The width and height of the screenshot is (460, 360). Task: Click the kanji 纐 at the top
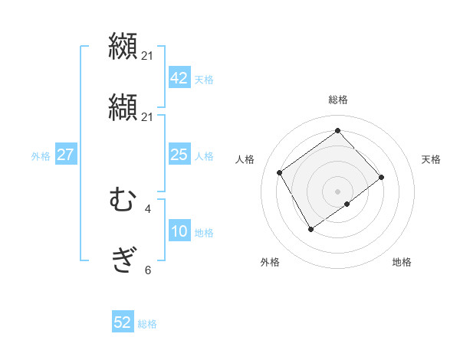point(123,45)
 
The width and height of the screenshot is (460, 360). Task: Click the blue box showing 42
point(179,78)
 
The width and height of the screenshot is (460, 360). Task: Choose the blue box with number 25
point(179,155)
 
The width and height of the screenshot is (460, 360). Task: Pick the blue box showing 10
point(179,231)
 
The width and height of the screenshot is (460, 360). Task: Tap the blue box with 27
point(66,155)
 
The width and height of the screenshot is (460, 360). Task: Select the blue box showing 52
point(123,322)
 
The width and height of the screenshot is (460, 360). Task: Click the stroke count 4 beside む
point(148,208)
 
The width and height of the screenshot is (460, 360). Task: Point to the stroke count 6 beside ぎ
point(148,270)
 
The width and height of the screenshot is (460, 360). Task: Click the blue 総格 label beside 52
point(147,324)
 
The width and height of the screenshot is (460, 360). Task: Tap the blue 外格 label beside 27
point(41,156)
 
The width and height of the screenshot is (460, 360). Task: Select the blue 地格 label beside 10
point(204,233)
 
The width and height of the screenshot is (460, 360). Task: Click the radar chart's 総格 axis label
point(338,100)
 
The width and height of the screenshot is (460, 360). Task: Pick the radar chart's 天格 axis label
point(431,159)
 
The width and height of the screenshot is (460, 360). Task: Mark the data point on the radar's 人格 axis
point(280,172)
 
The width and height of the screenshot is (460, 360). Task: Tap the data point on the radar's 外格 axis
point(310,229)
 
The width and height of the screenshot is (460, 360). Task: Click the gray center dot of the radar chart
point(337,190)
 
